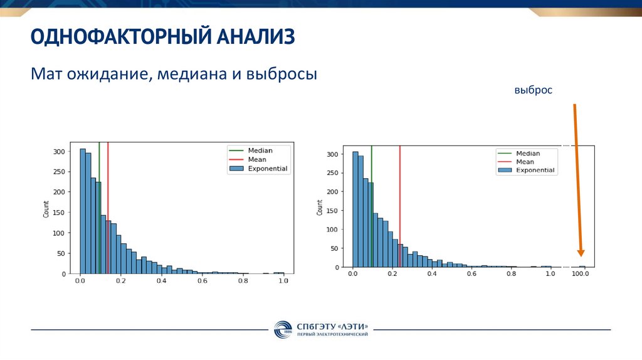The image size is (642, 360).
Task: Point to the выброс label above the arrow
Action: point(534,90)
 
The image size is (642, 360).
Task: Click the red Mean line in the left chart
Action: point(108,188)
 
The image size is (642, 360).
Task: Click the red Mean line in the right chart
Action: point(400,188)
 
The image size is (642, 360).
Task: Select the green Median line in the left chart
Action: point(99,188)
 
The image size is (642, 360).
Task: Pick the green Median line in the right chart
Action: point(371,188)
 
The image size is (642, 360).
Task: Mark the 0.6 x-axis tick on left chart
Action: point(202,282)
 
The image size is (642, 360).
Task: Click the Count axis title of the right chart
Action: point(320,208)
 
